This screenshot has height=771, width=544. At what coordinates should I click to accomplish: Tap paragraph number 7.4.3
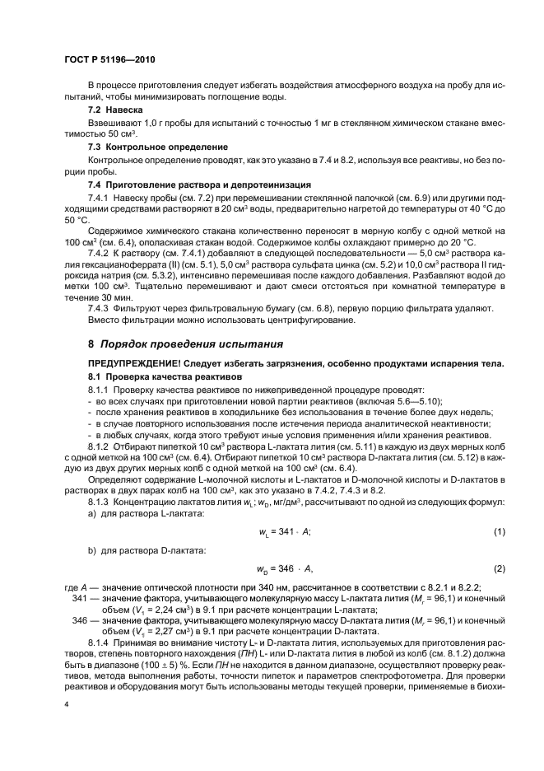[x=99, y=307]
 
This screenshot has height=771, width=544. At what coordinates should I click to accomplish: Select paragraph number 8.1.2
[x=99, y=445]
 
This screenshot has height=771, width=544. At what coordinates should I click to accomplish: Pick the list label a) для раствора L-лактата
[x=137, y=514]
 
